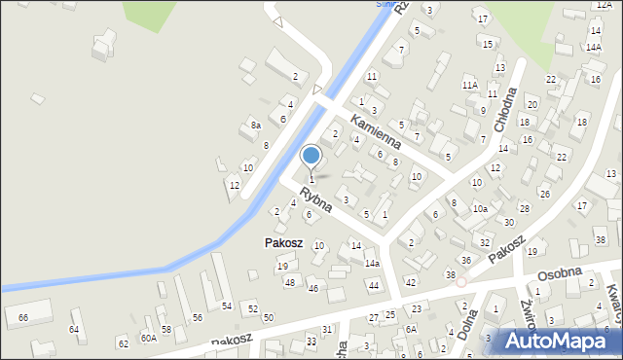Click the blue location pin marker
coord(311,156)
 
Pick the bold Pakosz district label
coord(284,242)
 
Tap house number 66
coord(23,318)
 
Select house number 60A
coord(148,338)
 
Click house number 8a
coord(255,126)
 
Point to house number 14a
coord(372,263)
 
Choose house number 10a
coord(480,208)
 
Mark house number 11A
coord(469,86)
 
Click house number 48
coord(289,282)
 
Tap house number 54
coord(226,306)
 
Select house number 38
coord(451,275)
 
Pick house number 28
coord(524,208)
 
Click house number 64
coord(74,329)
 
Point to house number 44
coord(373,285)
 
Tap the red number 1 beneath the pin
coord(311,179)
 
